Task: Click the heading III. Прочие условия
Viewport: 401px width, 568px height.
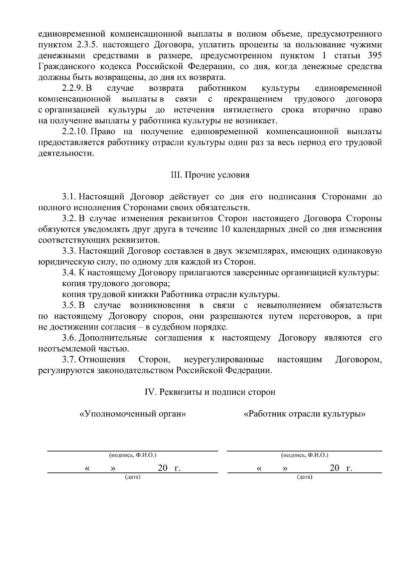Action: [210, 175]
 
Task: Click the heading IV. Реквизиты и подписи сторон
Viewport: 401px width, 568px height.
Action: [210, 392]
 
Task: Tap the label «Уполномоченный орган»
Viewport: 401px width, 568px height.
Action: [133, 414]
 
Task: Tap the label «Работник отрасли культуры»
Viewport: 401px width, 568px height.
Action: [304, 414]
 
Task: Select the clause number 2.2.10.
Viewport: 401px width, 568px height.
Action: [75, 131]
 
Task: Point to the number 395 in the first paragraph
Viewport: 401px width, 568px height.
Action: [374, 56]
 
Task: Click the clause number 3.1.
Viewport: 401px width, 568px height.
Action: [69, 196]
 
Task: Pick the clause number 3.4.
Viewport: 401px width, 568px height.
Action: [69, 273]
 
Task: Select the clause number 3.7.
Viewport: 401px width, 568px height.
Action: [69, 360]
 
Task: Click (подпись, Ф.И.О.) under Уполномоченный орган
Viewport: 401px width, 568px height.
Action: [133, 455]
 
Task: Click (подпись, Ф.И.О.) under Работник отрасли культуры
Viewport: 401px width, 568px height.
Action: [304, 455]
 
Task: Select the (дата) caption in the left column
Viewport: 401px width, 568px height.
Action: [133, 477]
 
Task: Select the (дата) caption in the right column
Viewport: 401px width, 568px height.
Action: [304, 477]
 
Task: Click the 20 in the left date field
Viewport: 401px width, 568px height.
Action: [163, 468]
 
